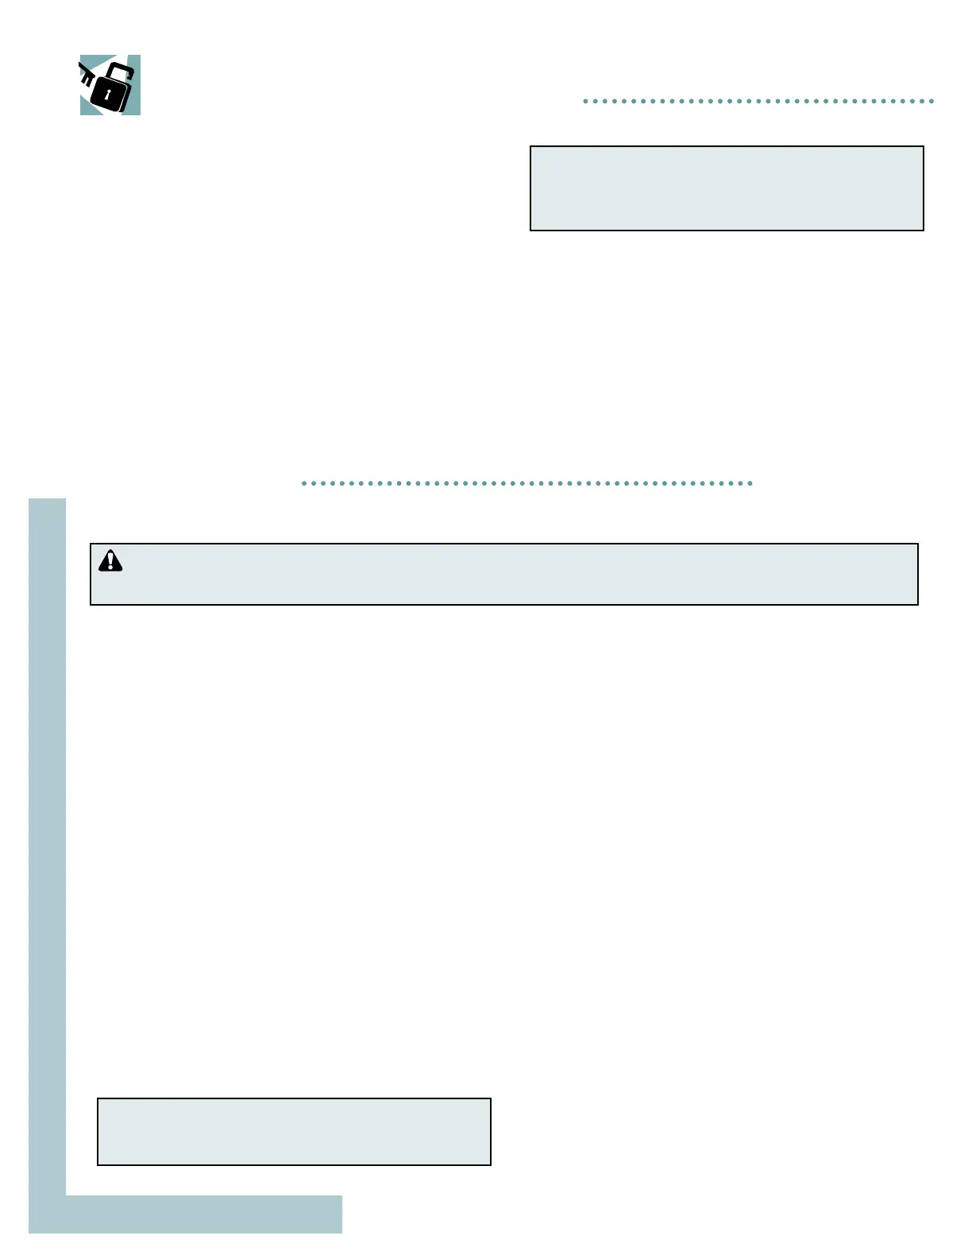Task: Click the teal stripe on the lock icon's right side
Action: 136,87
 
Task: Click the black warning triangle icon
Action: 110,561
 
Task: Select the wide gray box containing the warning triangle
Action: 504,575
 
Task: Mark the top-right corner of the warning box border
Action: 918,544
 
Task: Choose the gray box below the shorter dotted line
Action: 727,188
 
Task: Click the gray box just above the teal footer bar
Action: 294,1132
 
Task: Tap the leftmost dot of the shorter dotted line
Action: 585,102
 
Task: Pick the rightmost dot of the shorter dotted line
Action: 931,102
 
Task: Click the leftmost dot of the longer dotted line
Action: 304,483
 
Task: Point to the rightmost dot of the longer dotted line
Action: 750,483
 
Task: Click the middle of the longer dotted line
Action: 527,483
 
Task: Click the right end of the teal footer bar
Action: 339,1214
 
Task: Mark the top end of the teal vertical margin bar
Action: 47,502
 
